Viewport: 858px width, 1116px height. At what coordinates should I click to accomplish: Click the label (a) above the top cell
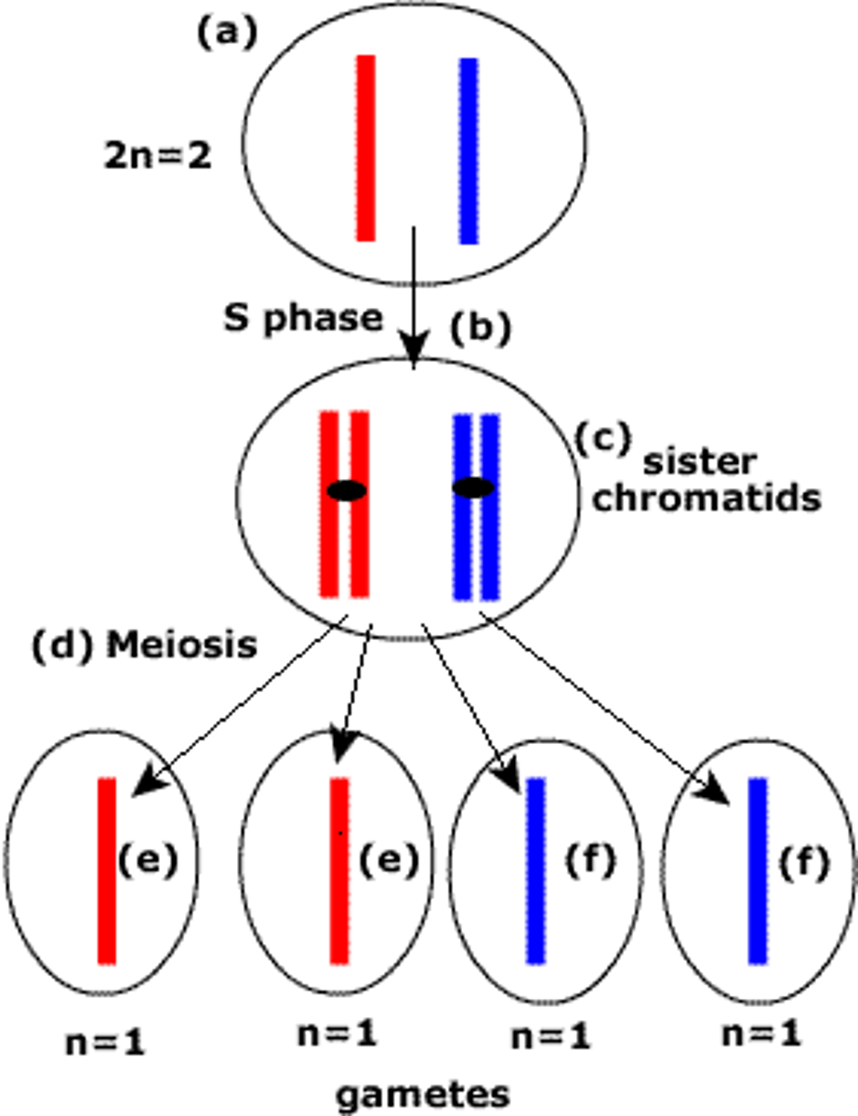click(226, 33)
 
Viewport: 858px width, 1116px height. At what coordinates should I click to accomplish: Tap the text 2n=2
click(157, 156)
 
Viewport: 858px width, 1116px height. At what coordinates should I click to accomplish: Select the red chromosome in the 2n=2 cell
click(365, 148)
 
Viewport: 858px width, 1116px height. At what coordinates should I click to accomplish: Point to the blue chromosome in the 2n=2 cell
click(469, 151)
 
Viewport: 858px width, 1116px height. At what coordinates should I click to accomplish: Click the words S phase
click(303, 318)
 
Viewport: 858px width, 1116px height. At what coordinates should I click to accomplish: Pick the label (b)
click(481, 330)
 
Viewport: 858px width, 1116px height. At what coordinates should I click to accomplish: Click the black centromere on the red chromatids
click(347, 490)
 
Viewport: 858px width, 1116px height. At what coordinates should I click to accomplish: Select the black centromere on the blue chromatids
click(474, 487)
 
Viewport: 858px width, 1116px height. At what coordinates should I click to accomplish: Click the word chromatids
click(706, 498)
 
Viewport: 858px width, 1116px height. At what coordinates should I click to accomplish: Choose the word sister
click(701, 462)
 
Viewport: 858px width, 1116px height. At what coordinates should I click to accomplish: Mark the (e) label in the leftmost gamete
click(147, 860)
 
